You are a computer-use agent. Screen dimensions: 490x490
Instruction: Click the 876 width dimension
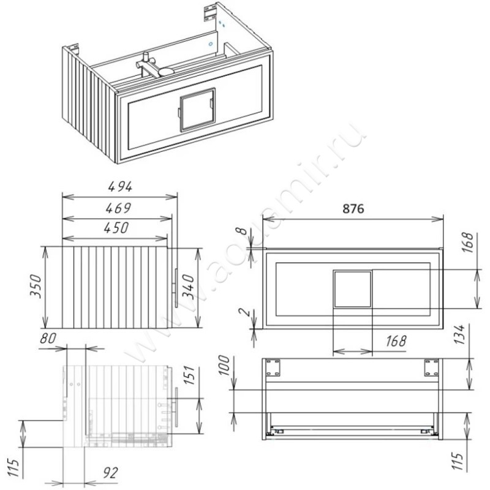(x=353, y=208)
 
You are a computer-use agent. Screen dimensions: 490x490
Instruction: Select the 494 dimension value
(x=120, y=187)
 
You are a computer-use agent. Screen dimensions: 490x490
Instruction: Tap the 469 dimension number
(x=118, y=208)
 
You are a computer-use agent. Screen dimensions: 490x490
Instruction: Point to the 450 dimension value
(x=116, y=228)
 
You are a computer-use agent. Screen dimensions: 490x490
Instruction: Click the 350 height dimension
(x=35, y=286)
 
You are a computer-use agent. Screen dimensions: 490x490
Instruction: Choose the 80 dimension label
(x=48, y=338)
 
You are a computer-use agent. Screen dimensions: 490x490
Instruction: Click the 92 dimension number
(x=110, y=473)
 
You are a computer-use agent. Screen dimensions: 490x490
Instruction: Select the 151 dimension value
(x=189, y=375)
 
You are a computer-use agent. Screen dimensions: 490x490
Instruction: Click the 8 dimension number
(x=242, y=232)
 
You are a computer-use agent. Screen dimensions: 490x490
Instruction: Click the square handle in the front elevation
(x=353, y=289)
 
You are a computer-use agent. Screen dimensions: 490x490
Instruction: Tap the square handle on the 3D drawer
(x=197, y=109)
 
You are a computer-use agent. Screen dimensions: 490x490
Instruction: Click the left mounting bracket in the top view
(x=273, y=367)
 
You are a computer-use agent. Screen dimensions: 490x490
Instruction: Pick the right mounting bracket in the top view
(x=431, y=367)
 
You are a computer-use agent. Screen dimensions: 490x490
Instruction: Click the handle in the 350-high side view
(x=176, y=287)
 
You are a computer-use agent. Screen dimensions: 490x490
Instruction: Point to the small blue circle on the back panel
(x=211, y=44)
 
